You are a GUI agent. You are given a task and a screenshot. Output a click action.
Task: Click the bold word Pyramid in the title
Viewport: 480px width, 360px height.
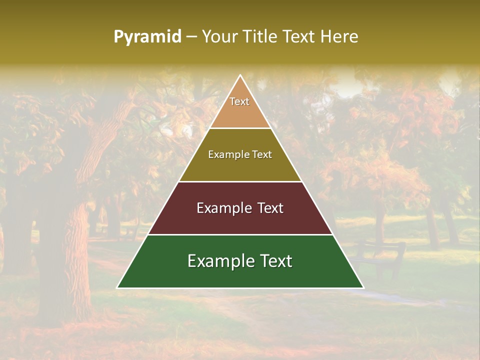click(147, 37)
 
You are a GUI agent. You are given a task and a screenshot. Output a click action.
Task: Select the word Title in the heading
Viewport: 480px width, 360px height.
click(263, 37)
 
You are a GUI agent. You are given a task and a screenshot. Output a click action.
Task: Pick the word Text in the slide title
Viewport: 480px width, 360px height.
click(299, 37)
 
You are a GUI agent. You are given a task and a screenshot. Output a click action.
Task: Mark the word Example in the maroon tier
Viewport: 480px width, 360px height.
click(223, 208)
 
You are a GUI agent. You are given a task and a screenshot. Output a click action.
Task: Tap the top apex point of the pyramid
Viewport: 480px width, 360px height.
click(240, 75)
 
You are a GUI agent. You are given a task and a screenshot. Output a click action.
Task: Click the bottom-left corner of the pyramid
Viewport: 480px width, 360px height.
click(117, 287)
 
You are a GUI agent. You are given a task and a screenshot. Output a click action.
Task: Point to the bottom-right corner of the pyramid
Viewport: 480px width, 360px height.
click(363, 287)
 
